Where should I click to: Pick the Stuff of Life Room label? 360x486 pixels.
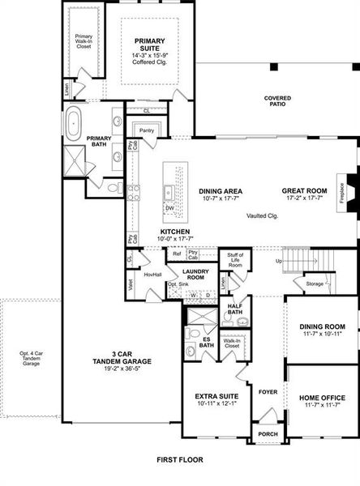click(x=235, y=260)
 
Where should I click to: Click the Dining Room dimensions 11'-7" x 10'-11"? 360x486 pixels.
click(x=323, y=334)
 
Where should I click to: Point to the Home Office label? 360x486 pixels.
click(x=323, y=399)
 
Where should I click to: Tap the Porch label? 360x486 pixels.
click(x=268, y=434)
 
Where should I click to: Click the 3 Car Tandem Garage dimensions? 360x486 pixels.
click(x=122, y=369)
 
